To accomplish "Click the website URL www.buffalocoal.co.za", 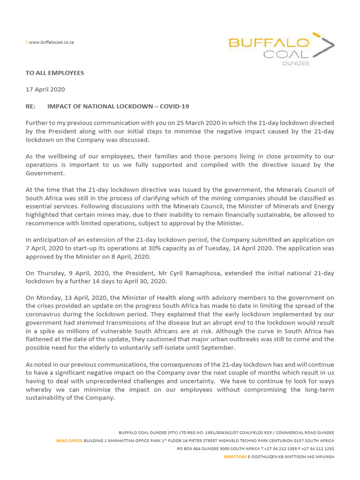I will point(51,42).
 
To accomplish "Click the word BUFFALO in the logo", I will point(269,43).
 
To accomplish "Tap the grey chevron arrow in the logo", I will point(327,46).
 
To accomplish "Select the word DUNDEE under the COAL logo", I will point(295,63).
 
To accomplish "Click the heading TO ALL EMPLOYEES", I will point(54,73).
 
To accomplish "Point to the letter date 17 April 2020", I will point(45,90).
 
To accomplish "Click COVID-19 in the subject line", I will point(174,106).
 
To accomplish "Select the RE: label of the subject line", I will point(31,106).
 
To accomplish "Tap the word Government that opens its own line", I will point(43,173).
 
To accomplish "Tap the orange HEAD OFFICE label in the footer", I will point(69,441).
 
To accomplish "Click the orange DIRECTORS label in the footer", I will point(235,457).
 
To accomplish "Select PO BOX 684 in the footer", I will point(191,449).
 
